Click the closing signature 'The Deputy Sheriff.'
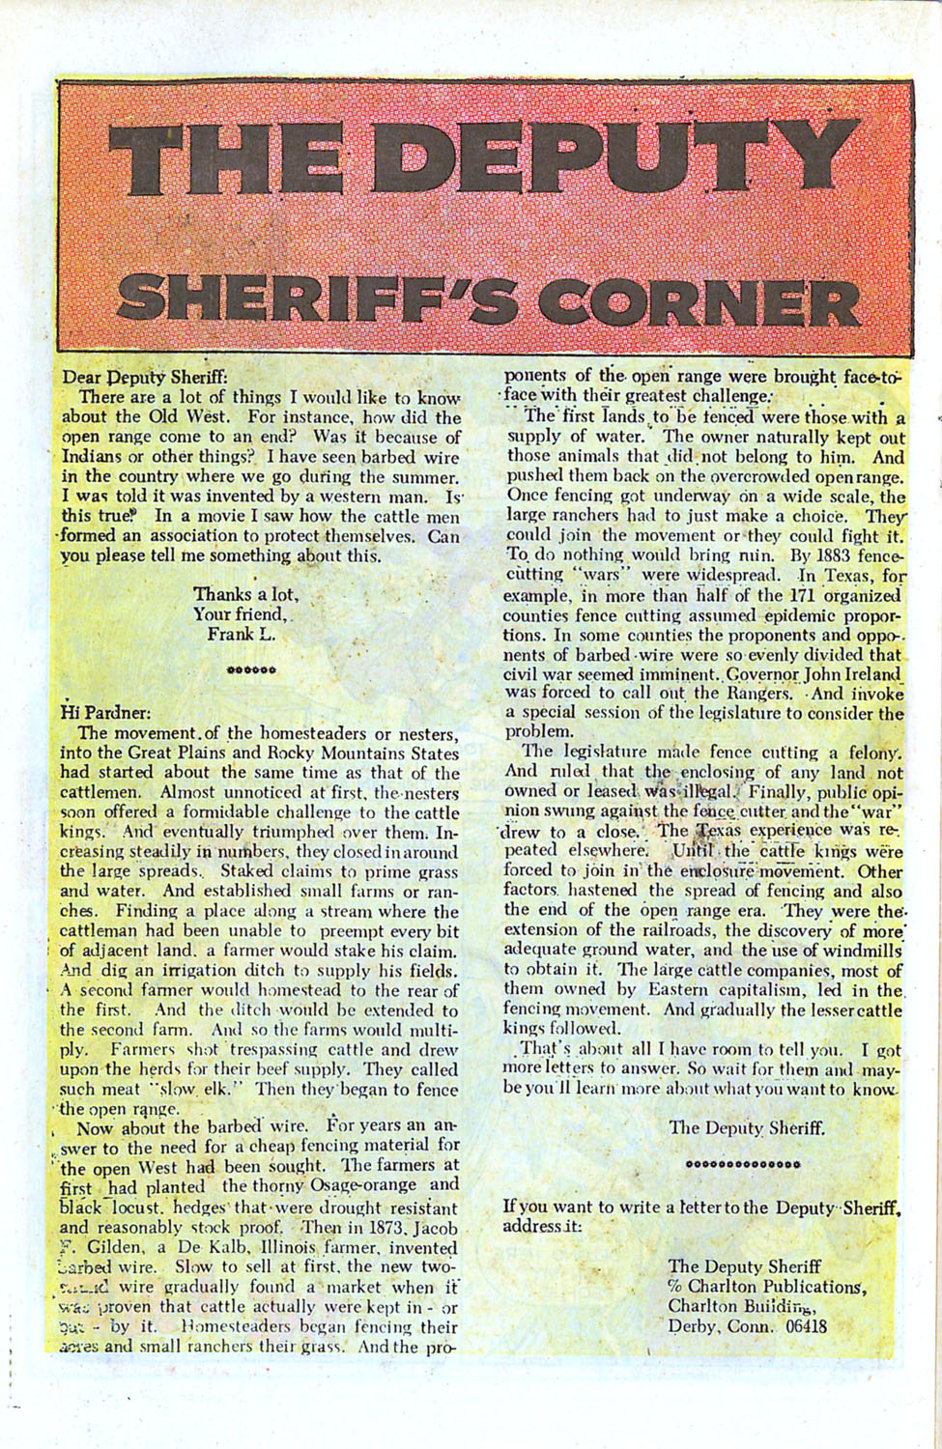click(747, 1126)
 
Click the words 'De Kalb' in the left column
click(171, 1247)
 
